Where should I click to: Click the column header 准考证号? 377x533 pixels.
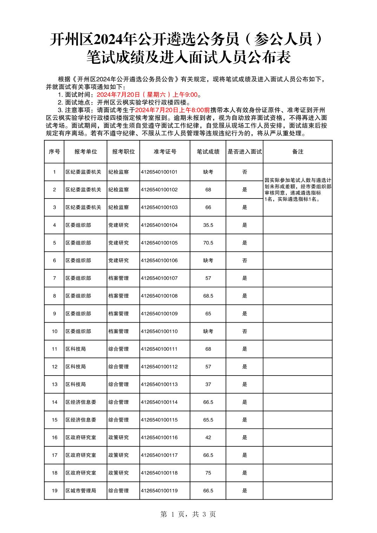click(x=165, y=151)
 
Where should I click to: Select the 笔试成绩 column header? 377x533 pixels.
click(x=208, y=151)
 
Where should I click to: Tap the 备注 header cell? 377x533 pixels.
click(x=297, y=151)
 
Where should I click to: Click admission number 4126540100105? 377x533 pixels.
click(x=159, y=243)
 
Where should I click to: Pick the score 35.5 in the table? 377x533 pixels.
click(x=208, y=225)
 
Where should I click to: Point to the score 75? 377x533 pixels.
click(x=208, y=473)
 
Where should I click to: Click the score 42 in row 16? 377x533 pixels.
click(x=208, y=437)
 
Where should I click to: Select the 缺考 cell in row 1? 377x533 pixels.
click(x=208, y=172)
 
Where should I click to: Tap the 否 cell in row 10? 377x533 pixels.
click(x=244, y=331)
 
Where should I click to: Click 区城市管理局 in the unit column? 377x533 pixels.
click(x=81, y=491)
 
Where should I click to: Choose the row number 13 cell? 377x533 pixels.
click(x=54, y=384)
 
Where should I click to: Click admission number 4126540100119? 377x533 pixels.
click(x=159, y=491)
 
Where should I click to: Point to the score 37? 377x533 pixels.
click(x=208, y=384)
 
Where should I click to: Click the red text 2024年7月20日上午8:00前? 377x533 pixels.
click(x=175, y=110)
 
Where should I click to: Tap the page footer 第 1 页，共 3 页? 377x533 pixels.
click(x=188, y=514)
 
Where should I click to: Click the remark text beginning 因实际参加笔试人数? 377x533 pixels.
click(x=297, y=189)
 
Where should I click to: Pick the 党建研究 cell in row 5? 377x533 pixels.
click(x=118, y=243)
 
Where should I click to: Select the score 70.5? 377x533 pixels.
click(x=208, y=243)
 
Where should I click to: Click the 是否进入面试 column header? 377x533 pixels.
click(x=244, y=151)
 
